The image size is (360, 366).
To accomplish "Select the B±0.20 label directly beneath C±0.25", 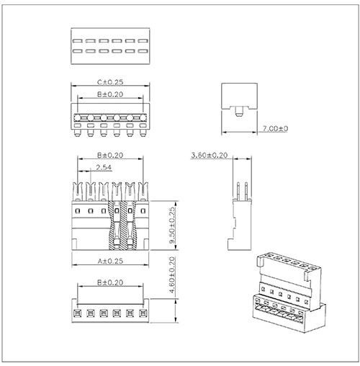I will pos(109,94).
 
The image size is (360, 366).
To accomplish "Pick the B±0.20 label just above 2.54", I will pos(109,155).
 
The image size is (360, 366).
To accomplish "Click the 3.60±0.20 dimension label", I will pos(209,155).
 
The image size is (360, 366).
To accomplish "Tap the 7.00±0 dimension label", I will pos(274,128).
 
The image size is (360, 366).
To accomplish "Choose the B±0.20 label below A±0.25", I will pos(109,285).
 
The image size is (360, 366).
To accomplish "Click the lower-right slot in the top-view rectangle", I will pos(141,51).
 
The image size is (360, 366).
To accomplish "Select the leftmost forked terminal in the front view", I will pos(77,191).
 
